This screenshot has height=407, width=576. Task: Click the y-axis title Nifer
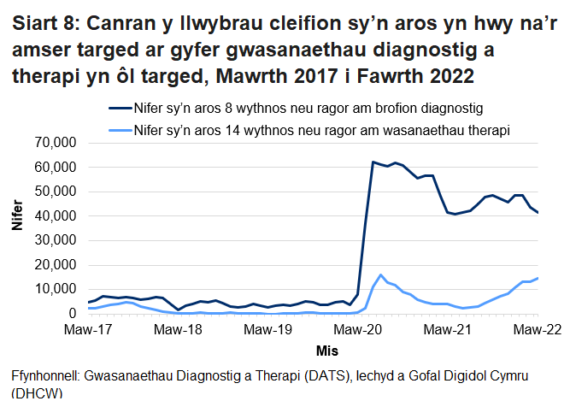pos(16,228)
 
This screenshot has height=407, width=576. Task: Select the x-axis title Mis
pos(314,351)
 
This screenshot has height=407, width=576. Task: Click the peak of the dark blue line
pos(373,162)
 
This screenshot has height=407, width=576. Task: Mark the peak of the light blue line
pos(380,275)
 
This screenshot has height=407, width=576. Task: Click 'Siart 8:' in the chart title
pos(44,23)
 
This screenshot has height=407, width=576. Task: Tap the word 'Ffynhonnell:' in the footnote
pos(46,376)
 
